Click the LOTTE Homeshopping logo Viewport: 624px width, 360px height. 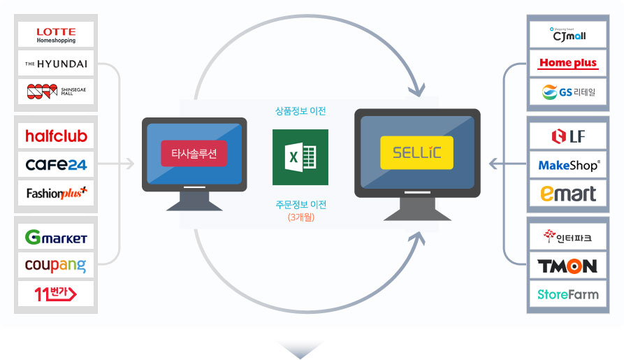56,34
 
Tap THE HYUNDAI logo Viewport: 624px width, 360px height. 56,64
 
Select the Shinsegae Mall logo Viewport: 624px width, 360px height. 56,93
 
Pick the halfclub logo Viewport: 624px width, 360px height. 56,136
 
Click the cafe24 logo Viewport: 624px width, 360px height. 56,165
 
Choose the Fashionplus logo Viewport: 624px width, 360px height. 56,193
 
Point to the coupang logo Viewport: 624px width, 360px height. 56,266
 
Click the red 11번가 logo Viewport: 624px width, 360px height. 56,294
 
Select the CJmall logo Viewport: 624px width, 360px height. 568,34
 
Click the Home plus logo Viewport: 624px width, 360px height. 568,64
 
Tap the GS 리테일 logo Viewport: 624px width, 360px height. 568,93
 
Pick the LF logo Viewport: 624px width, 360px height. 568,136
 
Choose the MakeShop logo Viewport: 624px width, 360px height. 568,166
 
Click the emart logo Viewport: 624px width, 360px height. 568,193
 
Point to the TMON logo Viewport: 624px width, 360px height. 568,266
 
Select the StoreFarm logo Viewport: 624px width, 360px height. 568,294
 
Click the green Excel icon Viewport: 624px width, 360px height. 300,157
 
